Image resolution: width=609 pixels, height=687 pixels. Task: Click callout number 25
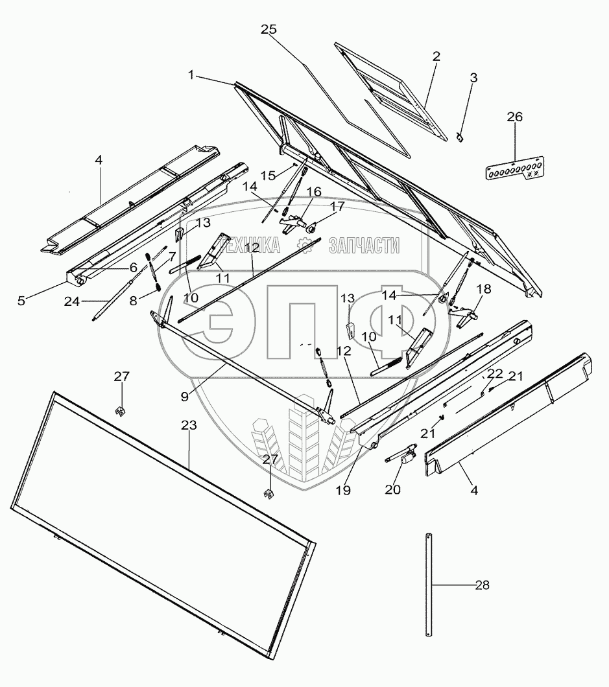click(x=269, y=30)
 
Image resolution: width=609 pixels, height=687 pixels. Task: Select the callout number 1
click(x=191, y=75)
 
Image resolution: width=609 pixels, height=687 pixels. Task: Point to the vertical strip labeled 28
click(x=429, y=584)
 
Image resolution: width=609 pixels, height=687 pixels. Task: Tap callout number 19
click(x=343, y=491)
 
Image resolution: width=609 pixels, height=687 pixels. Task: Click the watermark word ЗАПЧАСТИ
click(x=363, y=245)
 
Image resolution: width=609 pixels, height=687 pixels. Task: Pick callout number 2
click(x=436, y=56)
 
